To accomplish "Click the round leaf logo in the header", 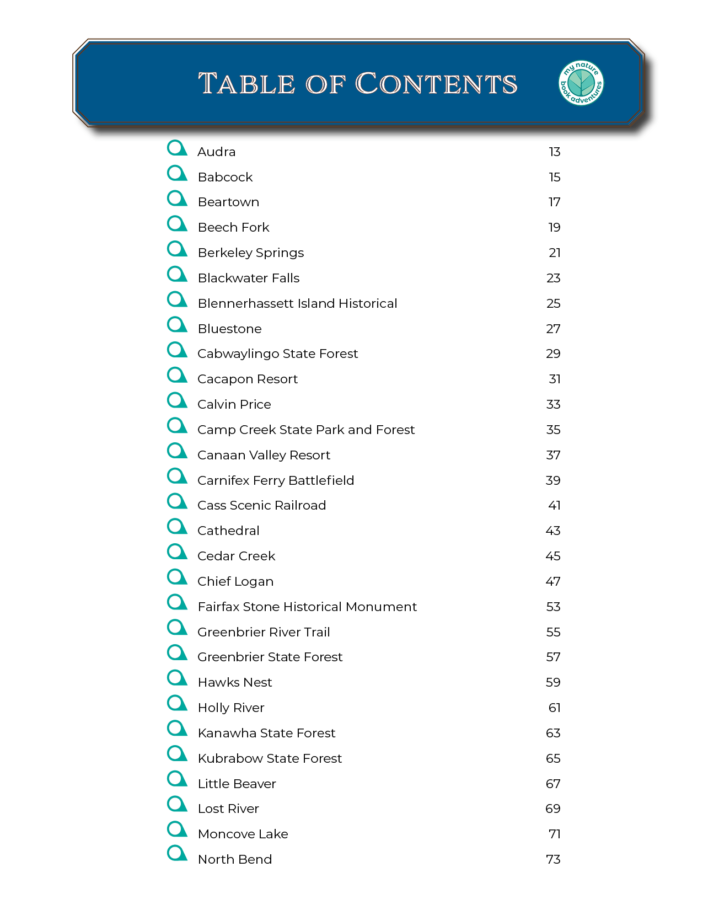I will click(581, 83).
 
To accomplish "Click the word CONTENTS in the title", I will click(436, 84).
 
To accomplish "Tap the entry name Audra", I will click(216, 152).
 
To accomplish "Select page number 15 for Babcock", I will click(554, 177).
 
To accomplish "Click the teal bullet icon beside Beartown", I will click(177, 199).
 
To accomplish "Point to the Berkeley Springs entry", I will click(250, 253).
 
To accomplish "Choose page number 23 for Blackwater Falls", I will click(553, 278).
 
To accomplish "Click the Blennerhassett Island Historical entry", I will click(297, 303).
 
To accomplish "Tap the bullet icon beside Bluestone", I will click(177, 325).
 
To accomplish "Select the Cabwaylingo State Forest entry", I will click(277, 354).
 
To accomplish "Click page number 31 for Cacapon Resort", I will click(554, 379).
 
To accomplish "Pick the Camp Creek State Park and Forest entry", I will click(305, 430).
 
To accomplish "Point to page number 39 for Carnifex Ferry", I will click(552, 480).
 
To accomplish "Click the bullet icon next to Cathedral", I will click(177, 527).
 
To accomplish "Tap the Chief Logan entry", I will click(235, 581).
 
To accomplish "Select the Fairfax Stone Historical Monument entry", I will click(307, 607).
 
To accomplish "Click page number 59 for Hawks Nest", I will click(552, 682).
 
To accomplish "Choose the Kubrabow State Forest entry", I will click(270, 758).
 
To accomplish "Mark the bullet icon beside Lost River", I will click(177, 805).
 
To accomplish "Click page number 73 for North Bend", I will click(553, 859).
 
